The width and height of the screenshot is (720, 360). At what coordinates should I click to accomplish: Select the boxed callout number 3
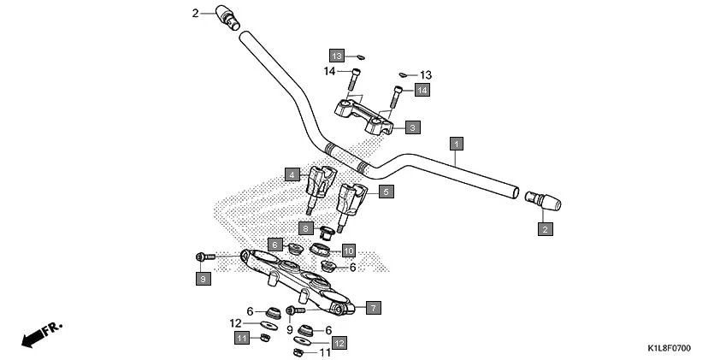click(x=412, y=127)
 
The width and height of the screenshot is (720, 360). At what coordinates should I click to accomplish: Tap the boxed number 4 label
click(x=292, y=174)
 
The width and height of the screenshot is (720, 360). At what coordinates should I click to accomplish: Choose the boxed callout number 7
click(x=373, y=306)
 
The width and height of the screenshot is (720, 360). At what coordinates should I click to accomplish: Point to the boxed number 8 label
click(x=305, y=228)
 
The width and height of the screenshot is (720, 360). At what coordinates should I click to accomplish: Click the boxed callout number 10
click(x=348, y=251)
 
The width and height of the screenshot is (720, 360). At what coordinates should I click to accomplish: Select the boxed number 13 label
click(x=338, y=56)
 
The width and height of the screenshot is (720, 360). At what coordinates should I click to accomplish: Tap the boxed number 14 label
click(x=422, y=89)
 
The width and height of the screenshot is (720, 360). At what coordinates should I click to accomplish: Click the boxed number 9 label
click(x=203, y=279)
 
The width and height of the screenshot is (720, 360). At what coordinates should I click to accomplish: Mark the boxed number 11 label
click(x=242, y=339)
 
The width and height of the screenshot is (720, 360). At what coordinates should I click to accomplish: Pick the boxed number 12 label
click(x=339, y=343)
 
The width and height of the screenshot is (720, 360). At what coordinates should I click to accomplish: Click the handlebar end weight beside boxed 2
click(x=541, y=202)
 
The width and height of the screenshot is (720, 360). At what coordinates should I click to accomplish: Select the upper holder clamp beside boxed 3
click(x=363, y=115)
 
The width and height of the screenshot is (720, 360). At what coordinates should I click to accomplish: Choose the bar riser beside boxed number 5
click(x=352, y=202)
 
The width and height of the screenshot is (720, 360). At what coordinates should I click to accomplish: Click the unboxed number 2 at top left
click(x=195, y=14)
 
